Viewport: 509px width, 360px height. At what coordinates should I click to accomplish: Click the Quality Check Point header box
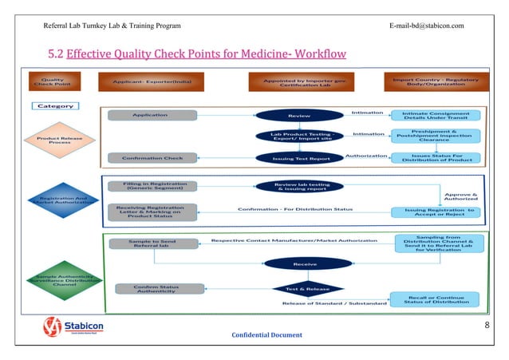(x=53, y=82)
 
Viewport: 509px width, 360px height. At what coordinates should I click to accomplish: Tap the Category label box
(x=54, y=105)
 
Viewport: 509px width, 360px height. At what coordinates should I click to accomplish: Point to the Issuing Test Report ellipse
(x=299, y=158)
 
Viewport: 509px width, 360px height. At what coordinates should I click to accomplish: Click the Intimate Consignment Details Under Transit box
(x=435, y=116)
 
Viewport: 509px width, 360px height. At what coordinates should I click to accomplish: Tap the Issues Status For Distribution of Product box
(x=435, y=158)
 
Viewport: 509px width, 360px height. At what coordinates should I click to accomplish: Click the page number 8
(x=486, y=326)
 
